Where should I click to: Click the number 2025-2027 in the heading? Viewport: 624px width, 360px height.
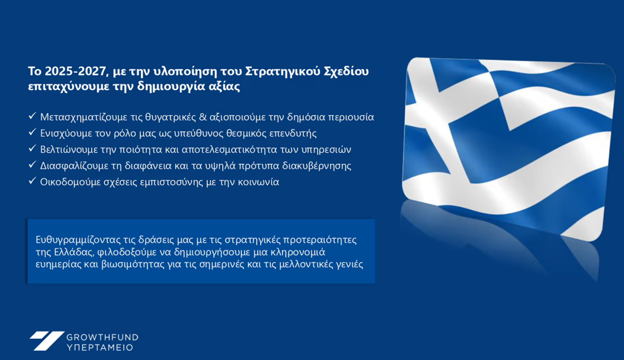[76, 71]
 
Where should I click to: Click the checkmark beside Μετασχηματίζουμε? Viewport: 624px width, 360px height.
[32, 116]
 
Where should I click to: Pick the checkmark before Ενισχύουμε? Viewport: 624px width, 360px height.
[32, 132]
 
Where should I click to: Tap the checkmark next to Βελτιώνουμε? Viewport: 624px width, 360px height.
[32, 149]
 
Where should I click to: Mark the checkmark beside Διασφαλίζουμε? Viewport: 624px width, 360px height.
[32, 164]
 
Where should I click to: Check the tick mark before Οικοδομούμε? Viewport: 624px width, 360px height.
[32, 181]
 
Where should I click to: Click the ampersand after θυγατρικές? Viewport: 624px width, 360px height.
[203, 117]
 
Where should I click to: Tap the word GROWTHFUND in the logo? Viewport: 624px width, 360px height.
[102, 337]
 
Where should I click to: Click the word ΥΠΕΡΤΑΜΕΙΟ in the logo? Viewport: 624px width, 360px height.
[99, 348]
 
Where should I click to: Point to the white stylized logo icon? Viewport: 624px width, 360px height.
[46, 341]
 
